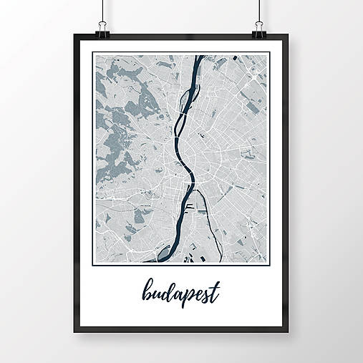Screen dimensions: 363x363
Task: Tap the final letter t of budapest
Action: click(x=215, y=291)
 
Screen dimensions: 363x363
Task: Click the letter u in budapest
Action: click(x=156, y=294)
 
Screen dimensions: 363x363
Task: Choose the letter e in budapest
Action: click(x=196, y=294)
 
